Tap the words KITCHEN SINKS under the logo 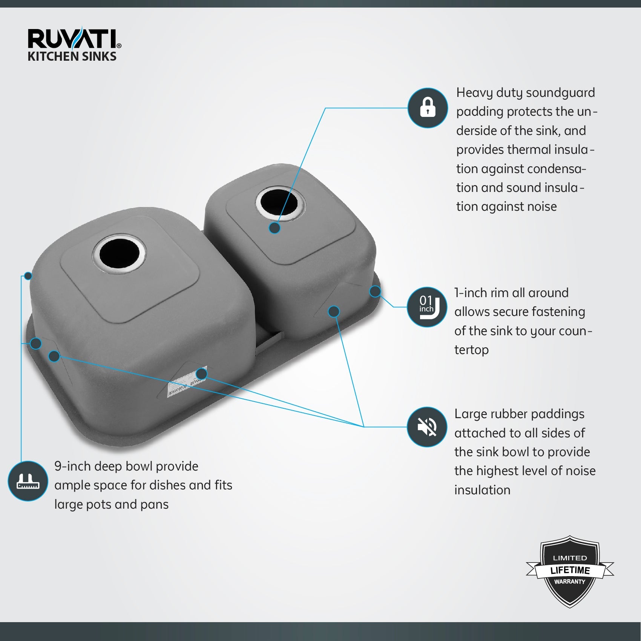click(x=72, y=57)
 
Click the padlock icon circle click(x=428, y=108)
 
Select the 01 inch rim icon click(x=427, y=307)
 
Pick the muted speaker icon click(x=427, y=427)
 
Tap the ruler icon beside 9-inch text click(x=28, y=481)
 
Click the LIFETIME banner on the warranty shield click(x=570, y=570)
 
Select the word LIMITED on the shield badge click(x=570, y=558)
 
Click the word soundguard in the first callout click(x=560, y=93)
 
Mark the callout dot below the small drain click(x=275, y=228)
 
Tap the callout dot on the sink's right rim click(x=375, y=291)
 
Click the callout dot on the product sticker click(x=202, y=374)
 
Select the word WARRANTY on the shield click(x=569, y=582)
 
